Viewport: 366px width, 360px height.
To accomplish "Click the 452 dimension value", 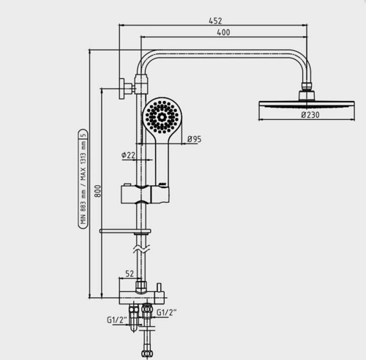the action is (x=215, y=20).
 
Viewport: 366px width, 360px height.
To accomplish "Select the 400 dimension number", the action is (x=223, y=32).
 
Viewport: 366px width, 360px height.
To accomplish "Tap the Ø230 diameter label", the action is (x=310, y=115).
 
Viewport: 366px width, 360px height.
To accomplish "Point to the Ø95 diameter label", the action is (x=194, y=139).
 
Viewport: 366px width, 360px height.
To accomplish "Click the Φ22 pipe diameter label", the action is (x=128, y=155).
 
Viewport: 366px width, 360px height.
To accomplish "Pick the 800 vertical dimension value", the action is (x=97, y=191).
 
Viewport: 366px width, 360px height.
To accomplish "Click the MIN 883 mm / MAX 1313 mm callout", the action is (x=83, y=179).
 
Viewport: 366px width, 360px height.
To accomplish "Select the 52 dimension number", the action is (x=130, y=274).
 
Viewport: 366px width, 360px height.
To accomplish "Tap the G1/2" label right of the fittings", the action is (x=166, y=312).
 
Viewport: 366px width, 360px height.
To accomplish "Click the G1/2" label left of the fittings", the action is (x=117, y=320).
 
